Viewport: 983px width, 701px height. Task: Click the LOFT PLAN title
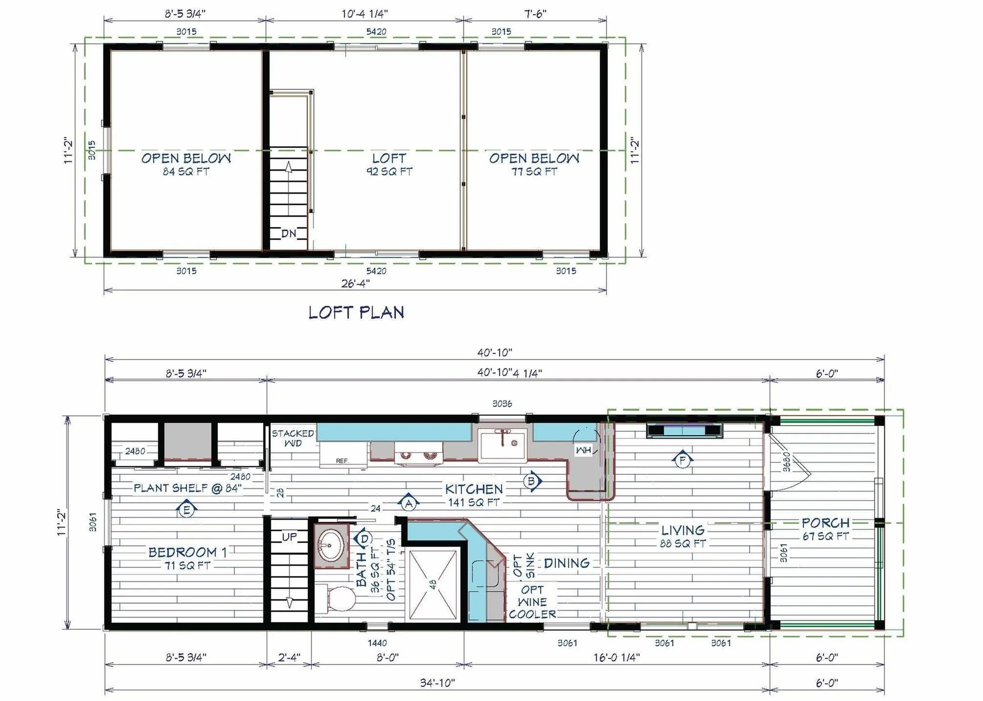point(356,312)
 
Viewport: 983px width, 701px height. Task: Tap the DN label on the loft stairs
point(289,234)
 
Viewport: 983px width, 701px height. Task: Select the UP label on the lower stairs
point(289,537)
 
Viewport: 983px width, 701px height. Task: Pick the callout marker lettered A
point(409,503)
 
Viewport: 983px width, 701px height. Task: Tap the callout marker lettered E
point(186,510)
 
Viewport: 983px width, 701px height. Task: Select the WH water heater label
point(583,450)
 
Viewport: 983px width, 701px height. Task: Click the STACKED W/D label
point(293,438)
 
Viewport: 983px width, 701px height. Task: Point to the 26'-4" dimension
point(355,283)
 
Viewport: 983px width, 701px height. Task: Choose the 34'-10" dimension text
point(437,682)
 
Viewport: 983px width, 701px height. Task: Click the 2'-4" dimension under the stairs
point(289,657)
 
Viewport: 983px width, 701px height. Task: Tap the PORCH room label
point(825,522)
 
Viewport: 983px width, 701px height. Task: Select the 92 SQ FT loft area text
point(389,171)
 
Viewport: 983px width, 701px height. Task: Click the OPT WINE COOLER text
point(532,602)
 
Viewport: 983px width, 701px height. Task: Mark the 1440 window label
point(377,643)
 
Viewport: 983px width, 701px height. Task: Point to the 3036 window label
point(502,404)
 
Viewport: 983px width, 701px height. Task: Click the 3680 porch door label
point(786,462)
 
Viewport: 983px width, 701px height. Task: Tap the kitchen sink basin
point(502,444)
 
